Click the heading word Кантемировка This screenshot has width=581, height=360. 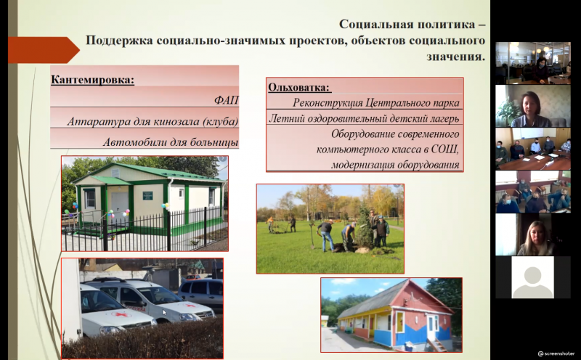[92, 80]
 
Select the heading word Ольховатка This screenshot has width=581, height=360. [299, 87]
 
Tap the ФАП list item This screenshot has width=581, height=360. [226, 100]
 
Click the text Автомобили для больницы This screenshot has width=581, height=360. [171, 142]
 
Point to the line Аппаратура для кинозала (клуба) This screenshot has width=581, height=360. [153, 121]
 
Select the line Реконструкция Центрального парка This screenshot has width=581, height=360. [376, 102]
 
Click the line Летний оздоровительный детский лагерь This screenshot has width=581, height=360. [364, 118]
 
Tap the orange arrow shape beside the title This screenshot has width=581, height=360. [44, 50]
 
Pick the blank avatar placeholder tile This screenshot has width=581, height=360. [532, 277]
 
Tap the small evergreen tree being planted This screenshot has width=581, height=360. [365, 229]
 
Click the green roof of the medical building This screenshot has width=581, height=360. [148, 173]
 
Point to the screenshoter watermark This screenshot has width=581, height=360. [556, 353]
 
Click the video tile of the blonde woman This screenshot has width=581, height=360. [533, 234]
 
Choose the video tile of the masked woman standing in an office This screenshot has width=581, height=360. [533, 63]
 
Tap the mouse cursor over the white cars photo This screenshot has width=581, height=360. [165, 313]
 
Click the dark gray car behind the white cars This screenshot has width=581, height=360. [201, 292]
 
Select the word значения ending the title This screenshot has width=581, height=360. [455, 57]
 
